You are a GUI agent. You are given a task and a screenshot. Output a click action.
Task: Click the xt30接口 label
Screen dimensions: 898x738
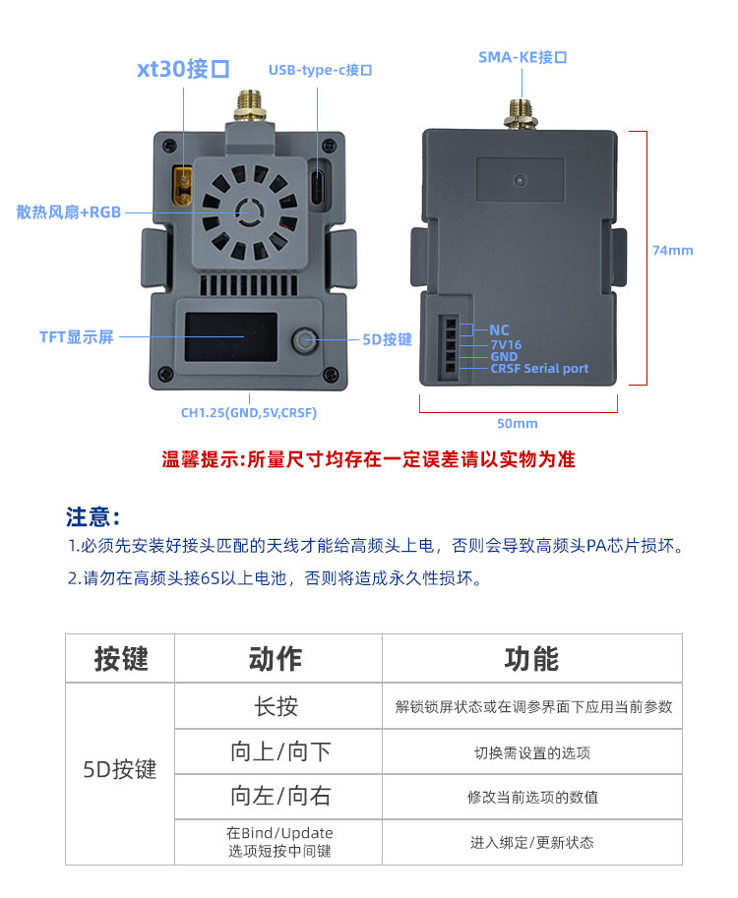coord(183,69)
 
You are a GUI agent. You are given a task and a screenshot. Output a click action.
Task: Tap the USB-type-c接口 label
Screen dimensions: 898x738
coord(320,70)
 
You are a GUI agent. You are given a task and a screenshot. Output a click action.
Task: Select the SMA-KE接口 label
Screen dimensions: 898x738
coord(523,57)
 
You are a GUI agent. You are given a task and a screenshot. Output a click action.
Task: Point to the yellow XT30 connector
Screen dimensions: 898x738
coord(182,183)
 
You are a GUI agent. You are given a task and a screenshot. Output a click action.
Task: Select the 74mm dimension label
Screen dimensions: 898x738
coord(672,250)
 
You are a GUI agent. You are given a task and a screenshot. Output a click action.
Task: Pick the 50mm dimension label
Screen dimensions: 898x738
coord(519,423)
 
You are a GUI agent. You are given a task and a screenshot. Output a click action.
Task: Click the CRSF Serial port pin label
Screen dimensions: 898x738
coord(539,369)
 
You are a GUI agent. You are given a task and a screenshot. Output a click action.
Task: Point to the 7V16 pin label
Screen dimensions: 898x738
coord(506,344)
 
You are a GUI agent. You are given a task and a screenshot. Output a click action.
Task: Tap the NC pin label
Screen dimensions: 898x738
coord(499,330)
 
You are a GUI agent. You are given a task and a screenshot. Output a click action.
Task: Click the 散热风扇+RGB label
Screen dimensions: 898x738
coord(68,211)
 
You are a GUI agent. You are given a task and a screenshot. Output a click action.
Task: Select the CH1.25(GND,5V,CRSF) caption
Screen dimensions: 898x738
coord(248,413)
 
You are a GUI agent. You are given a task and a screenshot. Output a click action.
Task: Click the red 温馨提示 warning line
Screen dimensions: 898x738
coord(368,459)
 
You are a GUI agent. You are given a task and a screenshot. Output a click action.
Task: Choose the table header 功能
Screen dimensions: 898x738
coord(531,659)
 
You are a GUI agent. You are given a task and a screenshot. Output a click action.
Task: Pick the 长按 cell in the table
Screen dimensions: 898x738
coord(277,706)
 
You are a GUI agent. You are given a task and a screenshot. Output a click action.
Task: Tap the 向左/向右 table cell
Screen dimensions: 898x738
coord(280,797)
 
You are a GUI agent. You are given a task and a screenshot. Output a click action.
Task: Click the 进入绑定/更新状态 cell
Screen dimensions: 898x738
coord(531,842)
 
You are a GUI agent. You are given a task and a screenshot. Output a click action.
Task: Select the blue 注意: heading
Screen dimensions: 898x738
coord(93,516)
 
